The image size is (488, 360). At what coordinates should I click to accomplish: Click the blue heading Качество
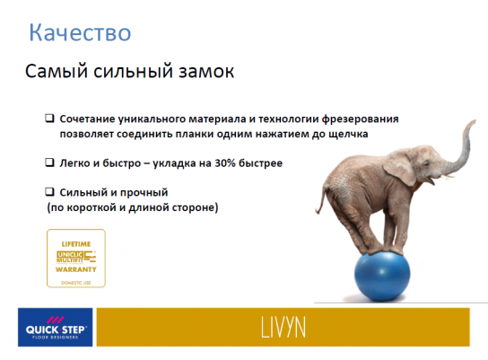(x=80, y=32)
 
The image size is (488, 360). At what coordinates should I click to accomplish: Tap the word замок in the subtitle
(x=205, y=71)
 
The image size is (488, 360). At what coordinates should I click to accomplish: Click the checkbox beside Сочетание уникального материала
(x=50, y=119)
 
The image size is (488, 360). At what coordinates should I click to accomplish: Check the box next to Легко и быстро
(x=50, y=162)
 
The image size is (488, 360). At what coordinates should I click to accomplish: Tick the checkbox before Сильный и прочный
(x=50, y=191)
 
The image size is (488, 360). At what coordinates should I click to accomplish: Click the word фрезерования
(x=360, y=119)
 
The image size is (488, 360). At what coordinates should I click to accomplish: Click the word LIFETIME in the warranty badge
(x=76, y=244)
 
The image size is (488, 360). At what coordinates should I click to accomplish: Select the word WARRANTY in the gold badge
(x=76, y=269)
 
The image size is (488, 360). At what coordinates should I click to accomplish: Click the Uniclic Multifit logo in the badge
(x=76, y=257)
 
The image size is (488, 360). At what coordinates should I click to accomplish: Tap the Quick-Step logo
(x=56, y=327)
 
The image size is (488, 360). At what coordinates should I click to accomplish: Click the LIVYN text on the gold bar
(x=283, y=328)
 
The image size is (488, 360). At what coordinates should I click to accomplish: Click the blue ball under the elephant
(x=382, y=277)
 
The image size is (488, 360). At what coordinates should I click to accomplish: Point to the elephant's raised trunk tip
(x=474, y=121)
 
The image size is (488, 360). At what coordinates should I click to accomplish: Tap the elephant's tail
(x=321, y=199)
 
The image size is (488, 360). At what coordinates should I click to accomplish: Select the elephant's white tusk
(x=449, y=176)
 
